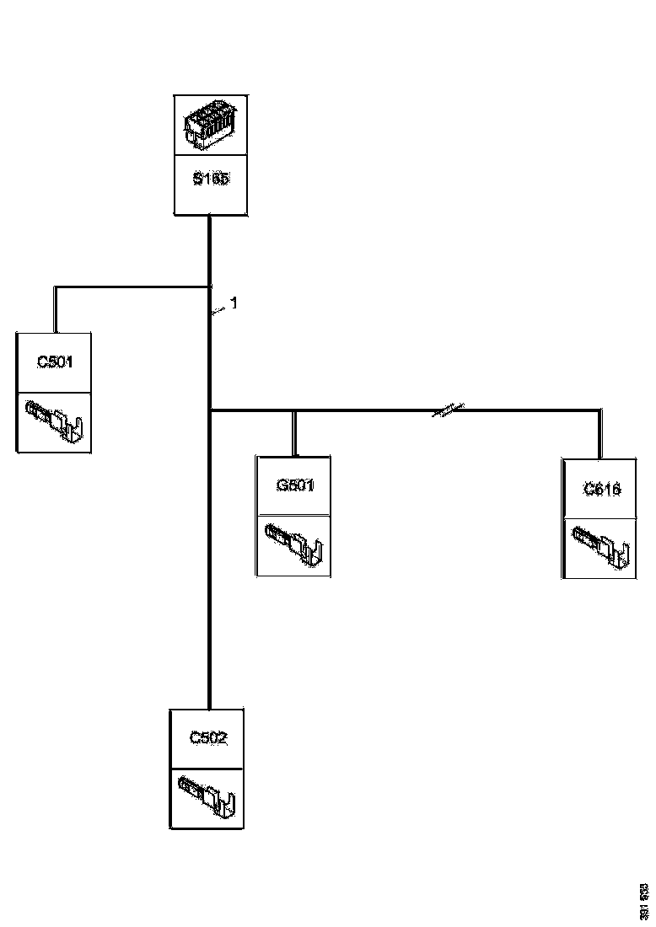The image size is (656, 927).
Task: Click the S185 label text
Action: click(x=210, y=180)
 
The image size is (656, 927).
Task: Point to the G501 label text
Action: click(x=294, y=485)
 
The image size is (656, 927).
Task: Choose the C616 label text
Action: click(x=602, y=488)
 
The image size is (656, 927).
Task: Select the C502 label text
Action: click(x=208, y=738)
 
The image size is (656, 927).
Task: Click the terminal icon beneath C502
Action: click(x=208, y=797)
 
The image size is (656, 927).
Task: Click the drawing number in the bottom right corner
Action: click(x=643, y=901)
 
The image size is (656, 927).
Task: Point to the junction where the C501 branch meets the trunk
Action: click(x=208, y=287)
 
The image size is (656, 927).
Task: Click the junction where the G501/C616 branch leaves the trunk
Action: click(x=208, y=410)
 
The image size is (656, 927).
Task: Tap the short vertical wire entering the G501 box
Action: click(x=293, y=433)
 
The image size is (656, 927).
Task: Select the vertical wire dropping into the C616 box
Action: click(x=601, y=434)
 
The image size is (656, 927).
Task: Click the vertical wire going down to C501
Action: click(x=56, y=308)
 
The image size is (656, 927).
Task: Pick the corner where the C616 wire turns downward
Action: click(x=601, y=410)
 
